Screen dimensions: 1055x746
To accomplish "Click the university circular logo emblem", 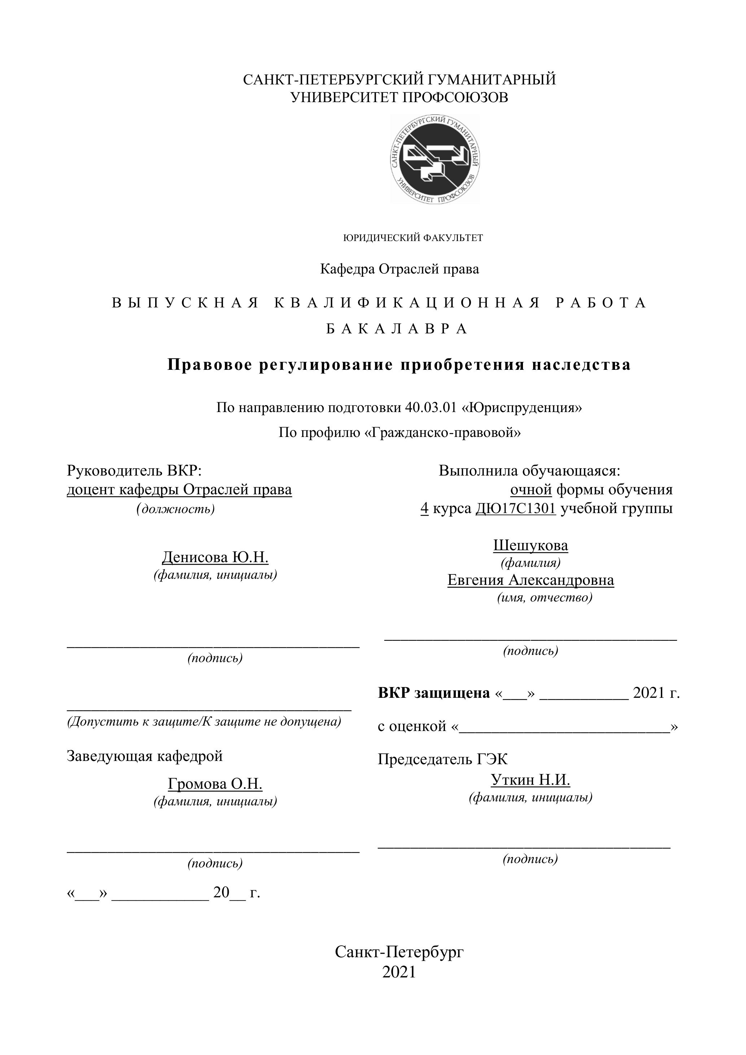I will tap(435, 159).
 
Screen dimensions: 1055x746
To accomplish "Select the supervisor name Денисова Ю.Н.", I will tap(215, 557).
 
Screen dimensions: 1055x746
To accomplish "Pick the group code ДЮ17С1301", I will tap(515, 509).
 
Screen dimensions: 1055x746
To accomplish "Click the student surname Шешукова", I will tap(531, 546).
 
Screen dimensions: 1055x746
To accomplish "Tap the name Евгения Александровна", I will tap(531, 580).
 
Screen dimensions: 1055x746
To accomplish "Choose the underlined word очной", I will tap(531, 490).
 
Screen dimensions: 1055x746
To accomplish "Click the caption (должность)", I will tap(175, 509).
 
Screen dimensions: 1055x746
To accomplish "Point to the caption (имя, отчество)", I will tap(545, 598).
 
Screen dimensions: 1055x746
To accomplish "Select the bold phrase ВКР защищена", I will tap(433, 693).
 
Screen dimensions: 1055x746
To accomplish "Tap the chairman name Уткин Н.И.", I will tap(531, 780).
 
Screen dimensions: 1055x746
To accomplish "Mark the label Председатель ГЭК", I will tap(442, 759).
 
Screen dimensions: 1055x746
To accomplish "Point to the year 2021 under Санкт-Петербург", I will tap(399, 972).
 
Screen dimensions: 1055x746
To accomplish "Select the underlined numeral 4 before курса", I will tap(424, 509).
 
